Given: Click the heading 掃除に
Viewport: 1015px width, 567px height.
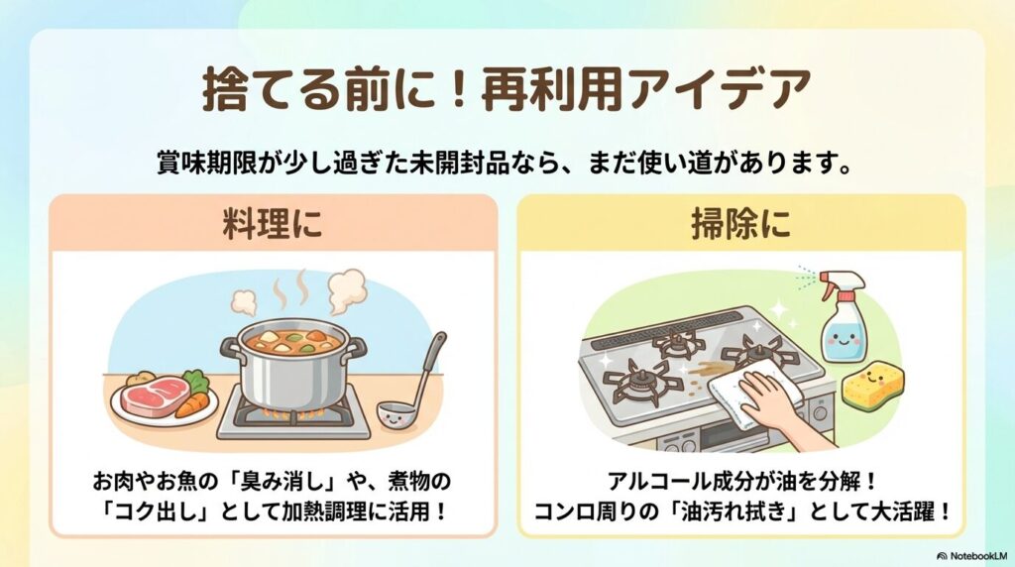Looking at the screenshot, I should [x=740, y=223].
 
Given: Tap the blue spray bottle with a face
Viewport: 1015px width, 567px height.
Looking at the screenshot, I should [x=842, y=323].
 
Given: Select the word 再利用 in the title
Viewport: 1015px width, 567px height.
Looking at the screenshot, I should [x=551, y=91].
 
